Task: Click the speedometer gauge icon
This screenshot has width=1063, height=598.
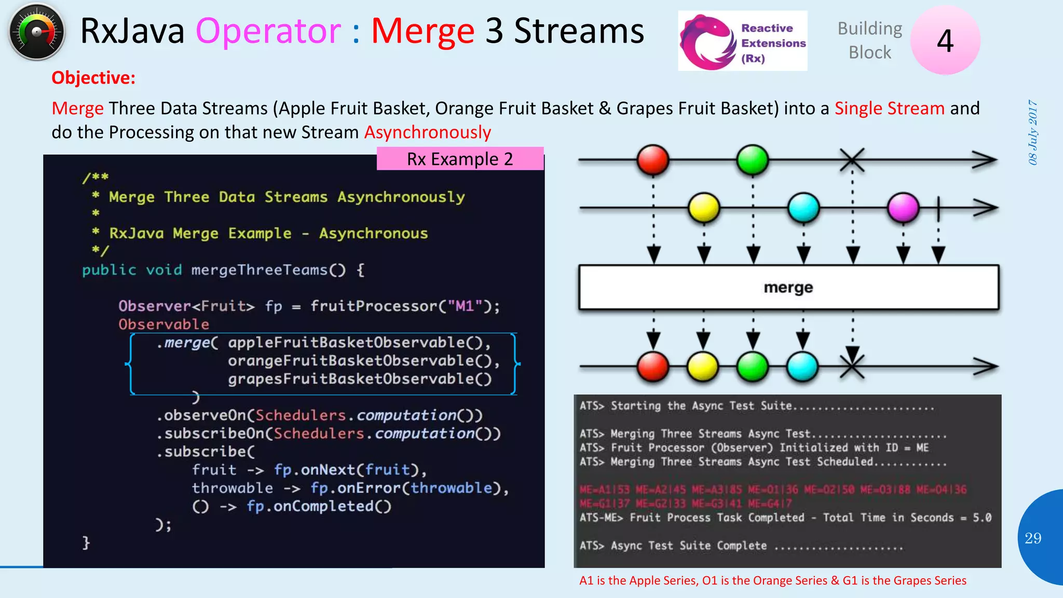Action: pyautogui.click(x=36, y=32)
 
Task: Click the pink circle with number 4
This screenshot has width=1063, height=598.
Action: pyautogui.click(x=945, y=40)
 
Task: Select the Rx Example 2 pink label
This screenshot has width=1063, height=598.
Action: pyautogui.click(x=460, y=159)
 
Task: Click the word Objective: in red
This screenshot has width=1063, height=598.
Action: pyautogui.click(x=93, y=78)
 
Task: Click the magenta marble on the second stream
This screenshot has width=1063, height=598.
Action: pyautogui.click(x=903, y=208)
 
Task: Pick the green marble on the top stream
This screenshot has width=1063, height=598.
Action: pyautogui.click(x=752, y=160)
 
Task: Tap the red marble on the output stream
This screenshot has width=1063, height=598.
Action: pyautogui.click(x=653, y=366)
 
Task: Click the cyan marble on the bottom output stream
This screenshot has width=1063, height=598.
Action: pyautogui.click(x=802, y=366)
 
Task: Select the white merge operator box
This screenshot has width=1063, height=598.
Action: pyautogui.click(x=788, y=288)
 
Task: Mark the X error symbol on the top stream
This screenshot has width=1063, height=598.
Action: pyautogui.click(x=852, y=160)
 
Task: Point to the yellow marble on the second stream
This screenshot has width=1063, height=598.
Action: pyautogui.click(x=704, y=208)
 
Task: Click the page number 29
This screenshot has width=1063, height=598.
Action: pyautogui.click(x=1033, y=538)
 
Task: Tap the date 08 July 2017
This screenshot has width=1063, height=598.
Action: pyautogui.click(x=1033, y=133)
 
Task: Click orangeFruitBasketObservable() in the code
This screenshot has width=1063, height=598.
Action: pyautogui.click(x=363, y=361)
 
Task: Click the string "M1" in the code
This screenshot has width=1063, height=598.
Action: pyautogui.click(x=465, y=306)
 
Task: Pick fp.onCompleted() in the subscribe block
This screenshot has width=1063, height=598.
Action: pyautogui.click(x=319, y=506)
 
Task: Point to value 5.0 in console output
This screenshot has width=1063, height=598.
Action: pyautogui.click(x=982, y=518)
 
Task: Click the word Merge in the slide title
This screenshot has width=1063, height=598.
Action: pyautogui.click(x=423, y=31)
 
